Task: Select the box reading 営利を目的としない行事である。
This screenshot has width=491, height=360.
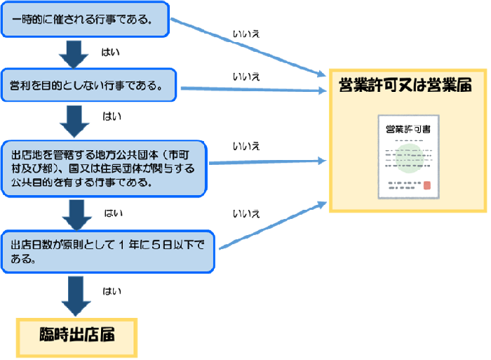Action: pyautogui.click(x=90, y=87)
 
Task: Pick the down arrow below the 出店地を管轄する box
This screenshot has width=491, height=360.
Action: pyautogui.click(x=74, y=215)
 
